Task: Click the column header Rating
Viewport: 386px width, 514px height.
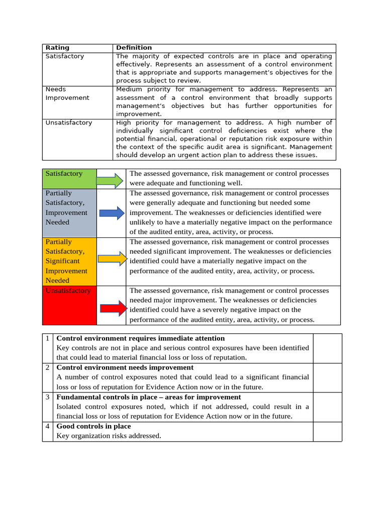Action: (57, 48)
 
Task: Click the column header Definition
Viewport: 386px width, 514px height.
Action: (134, 48)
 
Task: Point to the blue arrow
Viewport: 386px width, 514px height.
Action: (111, 213)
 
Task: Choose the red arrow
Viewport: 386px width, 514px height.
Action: (111, 309)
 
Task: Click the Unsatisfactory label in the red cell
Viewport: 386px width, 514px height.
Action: (68, 291)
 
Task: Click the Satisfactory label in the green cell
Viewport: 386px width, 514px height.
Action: (64, 174)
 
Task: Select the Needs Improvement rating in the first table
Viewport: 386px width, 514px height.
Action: (60, 93)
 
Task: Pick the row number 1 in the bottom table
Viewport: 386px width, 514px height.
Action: (47, 339)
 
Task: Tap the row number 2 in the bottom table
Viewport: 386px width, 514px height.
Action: (47, 368)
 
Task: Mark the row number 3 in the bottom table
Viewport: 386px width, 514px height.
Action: (47, 397)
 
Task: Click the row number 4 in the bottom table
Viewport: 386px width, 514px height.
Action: (47, 426)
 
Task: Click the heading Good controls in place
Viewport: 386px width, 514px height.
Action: (93, 426)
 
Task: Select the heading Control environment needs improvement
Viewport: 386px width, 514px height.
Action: (125, 368)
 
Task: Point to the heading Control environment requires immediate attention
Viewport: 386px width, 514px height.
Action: (141, 339)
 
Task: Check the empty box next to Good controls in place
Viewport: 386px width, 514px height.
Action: (327, 431)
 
